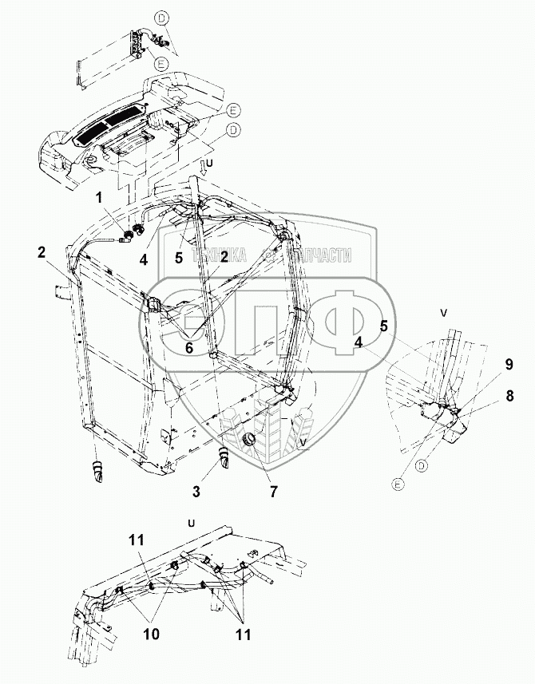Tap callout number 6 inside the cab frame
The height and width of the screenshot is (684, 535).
[189, 347]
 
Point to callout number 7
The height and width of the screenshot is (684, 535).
[273, 492]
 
